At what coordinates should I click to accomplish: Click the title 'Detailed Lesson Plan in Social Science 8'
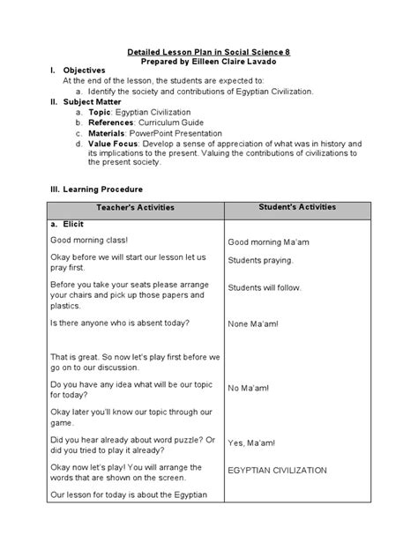[x=209, y=53]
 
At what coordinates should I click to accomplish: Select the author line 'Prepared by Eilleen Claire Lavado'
[x=209, y=63]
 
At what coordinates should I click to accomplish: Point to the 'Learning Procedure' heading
[x=101, y=189]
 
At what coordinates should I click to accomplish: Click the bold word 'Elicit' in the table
[x=77, y=225]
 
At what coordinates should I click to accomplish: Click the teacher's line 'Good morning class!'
[x=88, y=240]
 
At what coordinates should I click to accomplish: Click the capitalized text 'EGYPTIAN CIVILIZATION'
[x=278, y=471]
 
